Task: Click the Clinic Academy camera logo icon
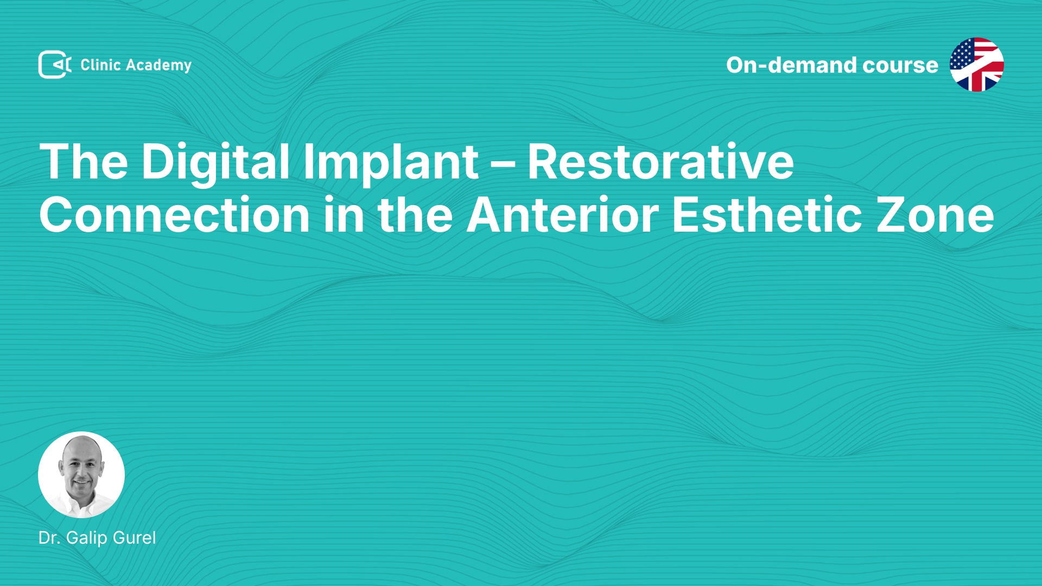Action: (55, 65)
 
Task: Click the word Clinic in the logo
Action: (100, 65)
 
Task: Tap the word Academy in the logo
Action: (159, 66)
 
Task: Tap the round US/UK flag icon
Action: (977, 65)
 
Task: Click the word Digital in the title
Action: (215, 163)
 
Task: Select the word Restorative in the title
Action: (660, 161)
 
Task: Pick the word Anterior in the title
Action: (563, 215)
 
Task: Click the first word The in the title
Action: (84, 161)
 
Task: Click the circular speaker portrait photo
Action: (81, 475)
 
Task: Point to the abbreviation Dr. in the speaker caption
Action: (49, 538)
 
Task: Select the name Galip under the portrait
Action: (87, 538)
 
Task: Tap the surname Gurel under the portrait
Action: (134, 538)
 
